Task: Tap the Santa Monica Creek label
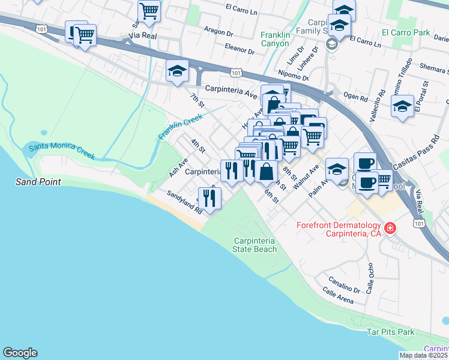(62, 151)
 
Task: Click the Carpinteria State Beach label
(255, 245)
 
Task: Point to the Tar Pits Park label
(391, 332)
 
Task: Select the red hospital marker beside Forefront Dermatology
(391, 228)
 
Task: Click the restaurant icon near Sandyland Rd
(209, 198)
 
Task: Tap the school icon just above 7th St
(177, 71)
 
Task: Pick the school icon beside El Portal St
(402, 107)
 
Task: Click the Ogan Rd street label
(355, 95)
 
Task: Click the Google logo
(20, 353)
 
